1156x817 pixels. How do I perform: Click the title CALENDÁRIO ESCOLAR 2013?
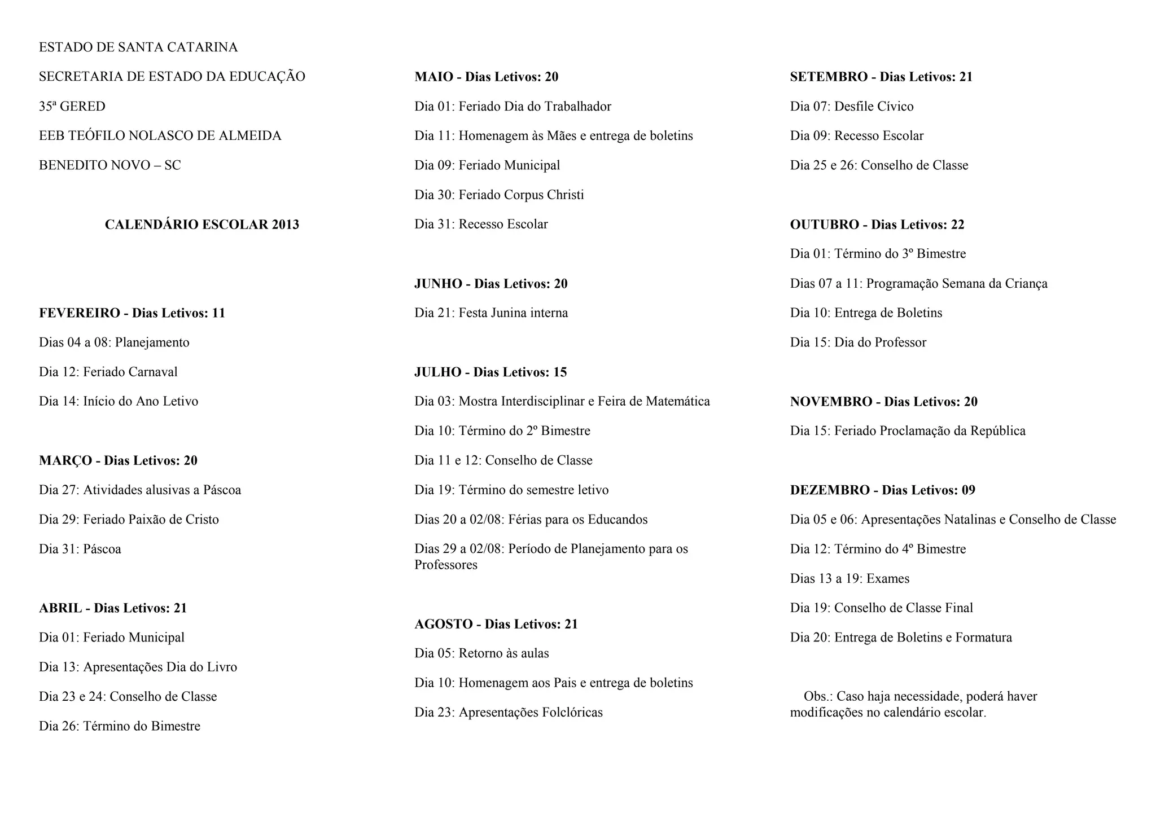point(202,225)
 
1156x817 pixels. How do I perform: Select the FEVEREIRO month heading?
point(132,313)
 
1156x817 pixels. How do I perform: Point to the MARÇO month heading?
point(118,460)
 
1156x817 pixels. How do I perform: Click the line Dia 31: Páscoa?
point(80,549)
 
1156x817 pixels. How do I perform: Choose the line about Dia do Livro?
point(138,667)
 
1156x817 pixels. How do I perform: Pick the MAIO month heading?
point(486,77)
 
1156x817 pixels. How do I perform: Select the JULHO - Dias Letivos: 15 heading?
point(491,372)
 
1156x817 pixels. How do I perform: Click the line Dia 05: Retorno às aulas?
point(481,653)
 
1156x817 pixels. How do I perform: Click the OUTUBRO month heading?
point(877,225)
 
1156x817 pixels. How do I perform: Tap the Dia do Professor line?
point(858,342)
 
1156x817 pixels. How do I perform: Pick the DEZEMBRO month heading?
point(882,490)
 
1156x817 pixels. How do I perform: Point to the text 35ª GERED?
point(72,107)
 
